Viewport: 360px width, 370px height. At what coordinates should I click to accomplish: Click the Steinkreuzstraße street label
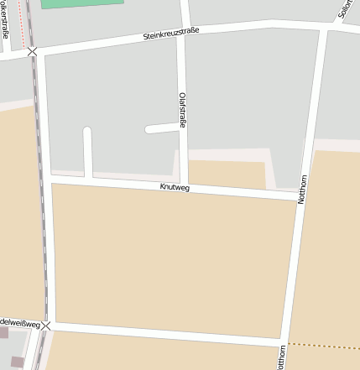click(x=171, y=35)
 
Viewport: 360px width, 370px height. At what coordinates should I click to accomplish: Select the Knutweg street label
click(x=175, y=187)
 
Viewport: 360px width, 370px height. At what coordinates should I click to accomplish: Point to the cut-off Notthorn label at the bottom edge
click(x=281, y=357)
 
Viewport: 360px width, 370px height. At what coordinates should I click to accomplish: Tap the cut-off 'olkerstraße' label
click(x=5, y=21)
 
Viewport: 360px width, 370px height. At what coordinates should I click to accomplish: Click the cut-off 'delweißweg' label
click(x=20, y=322)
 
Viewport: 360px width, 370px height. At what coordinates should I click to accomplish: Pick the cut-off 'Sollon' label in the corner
click(x=343, y=9)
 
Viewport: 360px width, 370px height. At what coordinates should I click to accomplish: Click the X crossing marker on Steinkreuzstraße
click(x=32, y=52)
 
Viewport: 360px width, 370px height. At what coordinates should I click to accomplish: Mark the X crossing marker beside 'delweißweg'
click(x=46, y=325)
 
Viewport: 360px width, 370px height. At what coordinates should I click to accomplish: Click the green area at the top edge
click(x=81, y=3)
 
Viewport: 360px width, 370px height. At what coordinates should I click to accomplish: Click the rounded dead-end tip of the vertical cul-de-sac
click(x=87, y=132)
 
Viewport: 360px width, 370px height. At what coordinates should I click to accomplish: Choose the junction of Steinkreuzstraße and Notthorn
click(x=324, y=28)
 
